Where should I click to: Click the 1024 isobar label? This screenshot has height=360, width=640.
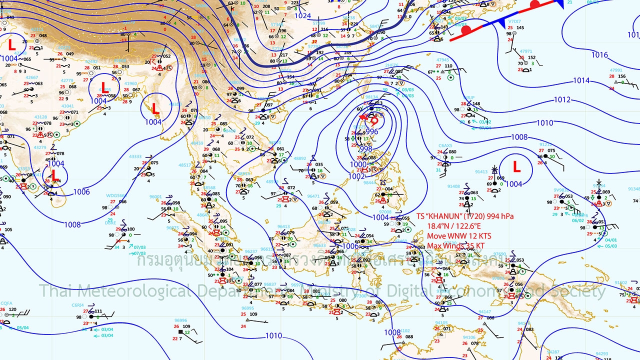[302, 15]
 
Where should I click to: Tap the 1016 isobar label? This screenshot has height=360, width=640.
[599, 55]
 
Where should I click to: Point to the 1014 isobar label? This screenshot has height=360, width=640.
[581, 80]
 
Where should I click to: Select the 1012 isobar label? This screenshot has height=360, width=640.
[562, 100]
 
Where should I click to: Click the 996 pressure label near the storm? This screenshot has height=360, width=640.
[372, 131]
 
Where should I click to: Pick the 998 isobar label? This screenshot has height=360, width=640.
[365, 148]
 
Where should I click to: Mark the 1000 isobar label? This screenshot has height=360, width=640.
[358, 164]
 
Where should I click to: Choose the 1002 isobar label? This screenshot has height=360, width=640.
[356, 176]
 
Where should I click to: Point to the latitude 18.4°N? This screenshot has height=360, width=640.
[438, 226]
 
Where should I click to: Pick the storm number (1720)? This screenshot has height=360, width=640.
[473, 216]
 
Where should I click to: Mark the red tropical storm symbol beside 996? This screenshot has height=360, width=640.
[373, 120]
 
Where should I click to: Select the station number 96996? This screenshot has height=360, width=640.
[180, 320]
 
